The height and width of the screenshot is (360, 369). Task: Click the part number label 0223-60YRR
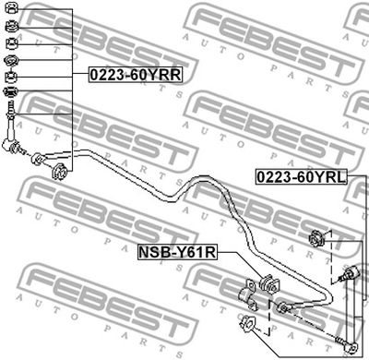click(136, 75)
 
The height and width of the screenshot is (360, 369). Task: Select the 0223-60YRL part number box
click(302, 177)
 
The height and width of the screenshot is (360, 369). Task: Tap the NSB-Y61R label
click(177, 252)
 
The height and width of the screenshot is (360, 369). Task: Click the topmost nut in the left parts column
click(12, 8)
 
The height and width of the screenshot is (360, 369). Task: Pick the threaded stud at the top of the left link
click(11, 107)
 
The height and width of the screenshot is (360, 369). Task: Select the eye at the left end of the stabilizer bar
click(37, 159)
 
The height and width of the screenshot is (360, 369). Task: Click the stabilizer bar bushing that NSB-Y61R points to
click(269, 283)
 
